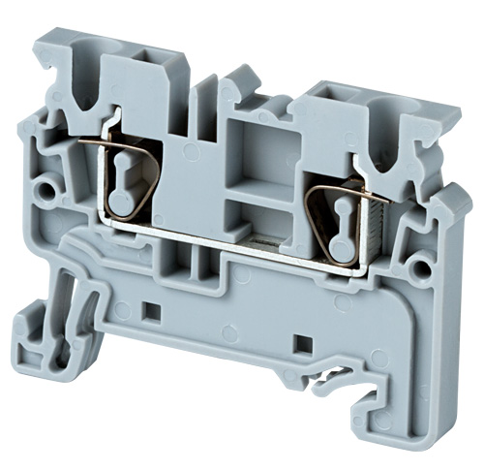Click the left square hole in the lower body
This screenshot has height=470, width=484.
(x=151, y=311)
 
